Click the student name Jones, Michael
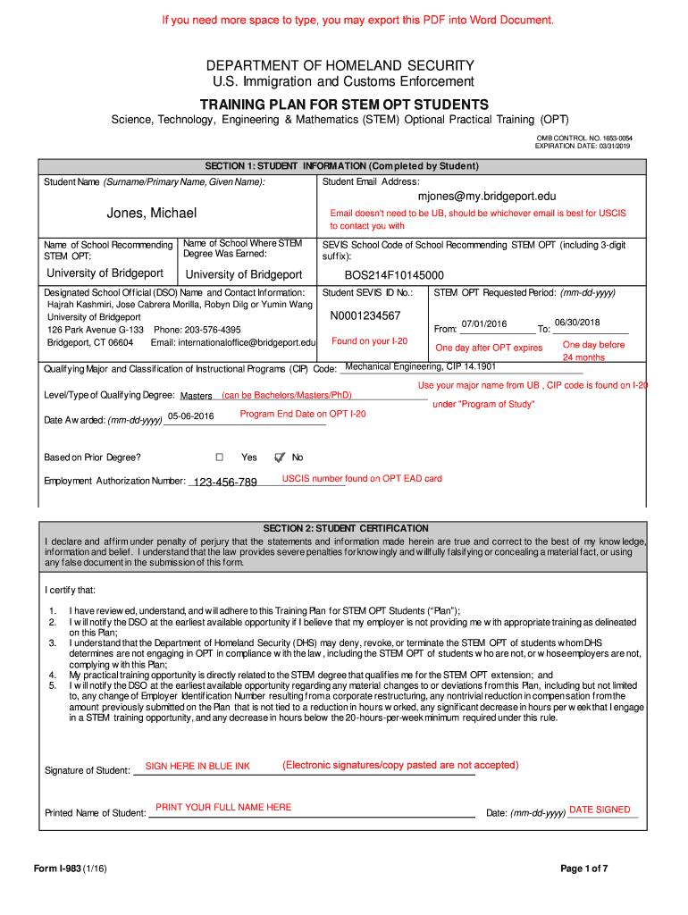tap(152, 213)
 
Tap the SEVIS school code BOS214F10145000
tap(394, 275)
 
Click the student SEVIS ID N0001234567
tap(365, 315)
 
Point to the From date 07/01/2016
tap(483, 324)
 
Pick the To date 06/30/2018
tap(577, 323)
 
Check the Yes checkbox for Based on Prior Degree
tap(219, 457)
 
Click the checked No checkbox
tap(280, 457)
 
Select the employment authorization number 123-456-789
tap(225, 483)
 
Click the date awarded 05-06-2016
tap(191, 416)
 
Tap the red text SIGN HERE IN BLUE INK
tap(197, 767)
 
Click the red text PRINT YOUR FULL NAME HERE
tap(223, 808)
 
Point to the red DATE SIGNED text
tap(600, 810)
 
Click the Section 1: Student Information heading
tap(342, 166)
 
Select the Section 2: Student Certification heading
tap(342, 529)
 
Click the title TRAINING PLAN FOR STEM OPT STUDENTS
tap(344, 105)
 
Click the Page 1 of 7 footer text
tap(584, 869)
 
